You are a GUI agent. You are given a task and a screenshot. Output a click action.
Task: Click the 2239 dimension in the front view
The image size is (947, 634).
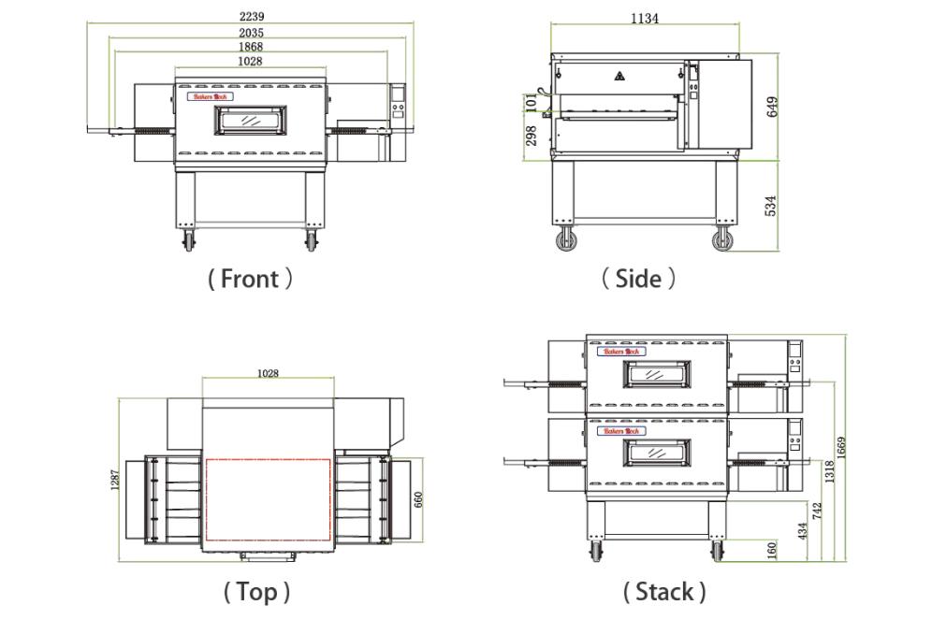pyautogui.click(x=250, y=16)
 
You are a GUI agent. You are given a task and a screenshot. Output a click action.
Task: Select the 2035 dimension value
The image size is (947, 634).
pyautogui.click(x=250, y=33)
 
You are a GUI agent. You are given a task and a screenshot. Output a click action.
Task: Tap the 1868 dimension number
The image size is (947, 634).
pyautogui.click(x=250, y=47)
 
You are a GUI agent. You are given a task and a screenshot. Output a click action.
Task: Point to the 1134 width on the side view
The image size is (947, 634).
pyautogui.click(x=643, y=18)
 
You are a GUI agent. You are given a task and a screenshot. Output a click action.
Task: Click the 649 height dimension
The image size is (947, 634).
pyautogui.click(x=772, y=106)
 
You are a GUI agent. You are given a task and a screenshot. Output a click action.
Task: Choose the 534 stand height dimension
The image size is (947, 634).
pyautogui.click(x=772, y=205)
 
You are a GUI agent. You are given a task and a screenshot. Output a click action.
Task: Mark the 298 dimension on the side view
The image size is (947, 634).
pyautogui.click(x=531, y=137)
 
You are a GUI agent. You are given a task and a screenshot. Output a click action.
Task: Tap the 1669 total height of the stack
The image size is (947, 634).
pyautogui.click(x=840, y=447)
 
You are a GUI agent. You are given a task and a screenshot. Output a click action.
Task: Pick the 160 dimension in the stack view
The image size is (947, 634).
pyautogui.click(x=772, y=551)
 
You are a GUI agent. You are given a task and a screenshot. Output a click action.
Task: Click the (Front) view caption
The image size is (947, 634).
pyautogui.click(x=250, y=279)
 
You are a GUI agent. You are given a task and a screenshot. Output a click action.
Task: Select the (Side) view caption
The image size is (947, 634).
pyautogui.click(x=638, y=279)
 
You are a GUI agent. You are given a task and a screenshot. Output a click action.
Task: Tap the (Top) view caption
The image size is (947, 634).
pyautogui.click(x=255, y=592)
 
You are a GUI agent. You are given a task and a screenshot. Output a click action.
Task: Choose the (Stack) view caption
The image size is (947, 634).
pyautogui.click(x=663, y=592)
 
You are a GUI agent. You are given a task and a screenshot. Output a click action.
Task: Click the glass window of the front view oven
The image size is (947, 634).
pyautogui.click(x=251, y=120)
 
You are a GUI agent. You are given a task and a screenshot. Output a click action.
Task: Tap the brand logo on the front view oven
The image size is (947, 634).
pyautogui.click(x=210, y=95)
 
